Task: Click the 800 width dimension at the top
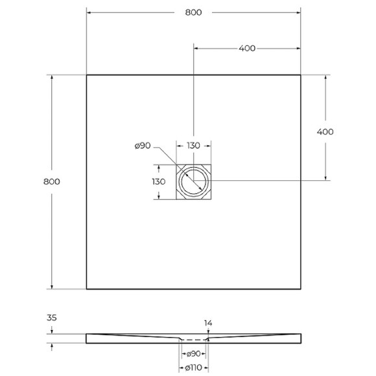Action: (x=193, y=12)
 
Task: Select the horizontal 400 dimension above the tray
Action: (x=246, y=48)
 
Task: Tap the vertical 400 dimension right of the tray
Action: (x=325, y=132)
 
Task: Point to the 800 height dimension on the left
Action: (x=52, y=182)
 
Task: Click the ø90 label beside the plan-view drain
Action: (x=143, y=146)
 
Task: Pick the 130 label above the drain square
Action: (x=193, y=146)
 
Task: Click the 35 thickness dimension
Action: (x=51, y=318)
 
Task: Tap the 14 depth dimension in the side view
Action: (x=207, y=322)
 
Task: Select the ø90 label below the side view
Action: (x=193, y=354)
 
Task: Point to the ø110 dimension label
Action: (x=193, y=368)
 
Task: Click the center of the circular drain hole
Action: (x=193, y=181)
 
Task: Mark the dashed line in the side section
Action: (x=193, y=340)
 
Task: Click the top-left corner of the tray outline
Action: (x=87, y=75)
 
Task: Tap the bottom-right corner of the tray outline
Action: (x=300, y=288)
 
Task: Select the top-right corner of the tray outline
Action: (x=300, y=75)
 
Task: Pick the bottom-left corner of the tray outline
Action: (x=87, y=288)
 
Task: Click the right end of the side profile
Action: (x=300, y=338)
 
